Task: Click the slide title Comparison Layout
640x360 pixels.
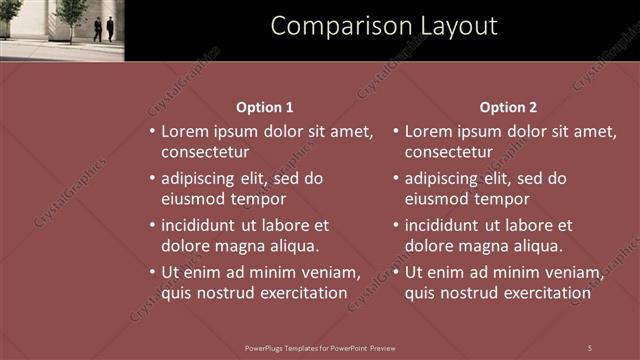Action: [x=384, y=26]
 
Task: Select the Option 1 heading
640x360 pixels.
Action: [x=265, y=107]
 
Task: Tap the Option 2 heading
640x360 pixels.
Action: [x=508, y=107]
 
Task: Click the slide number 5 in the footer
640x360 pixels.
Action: [x=589, y=347]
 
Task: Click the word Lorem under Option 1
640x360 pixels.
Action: [x=186, y=131]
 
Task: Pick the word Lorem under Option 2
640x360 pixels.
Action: [x=430, y=131]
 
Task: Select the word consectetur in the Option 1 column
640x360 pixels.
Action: [x=205, y=152]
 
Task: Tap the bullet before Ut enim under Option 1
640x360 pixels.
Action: [x=152, y=272]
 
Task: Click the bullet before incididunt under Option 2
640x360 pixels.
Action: [x=396, y=225]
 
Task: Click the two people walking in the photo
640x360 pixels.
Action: [x=104, y=29]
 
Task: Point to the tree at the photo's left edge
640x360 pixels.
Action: [x=9, y=14]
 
